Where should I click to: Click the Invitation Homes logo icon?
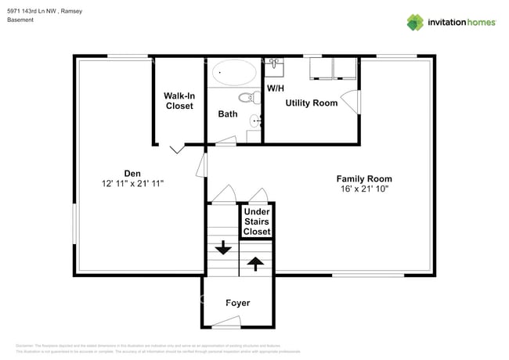pos(415,22)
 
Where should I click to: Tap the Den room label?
pos(132,173)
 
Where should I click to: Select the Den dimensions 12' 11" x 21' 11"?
pos(132,183)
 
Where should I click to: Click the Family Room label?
pos(365,178)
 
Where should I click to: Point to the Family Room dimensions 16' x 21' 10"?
pos(365,189)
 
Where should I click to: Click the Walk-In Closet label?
pos(179,101)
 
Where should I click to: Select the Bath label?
pos(228,113)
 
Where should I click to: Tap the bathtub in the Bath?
pos(235,73)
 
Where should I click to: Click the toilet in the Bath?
pos(249,98)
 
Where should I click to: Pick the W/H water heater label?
pos(275,88)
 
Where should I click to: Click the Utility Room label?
pos(312,103)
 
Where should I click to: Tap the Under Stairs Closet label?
pos(257,221)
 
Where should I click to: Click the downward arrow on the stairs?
pos(223,248)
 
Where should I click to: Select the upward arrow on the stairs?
pos(255,263)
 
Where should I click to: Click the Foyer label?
pos(237,303)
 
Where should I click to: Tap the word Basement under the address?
pos(20,20)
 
